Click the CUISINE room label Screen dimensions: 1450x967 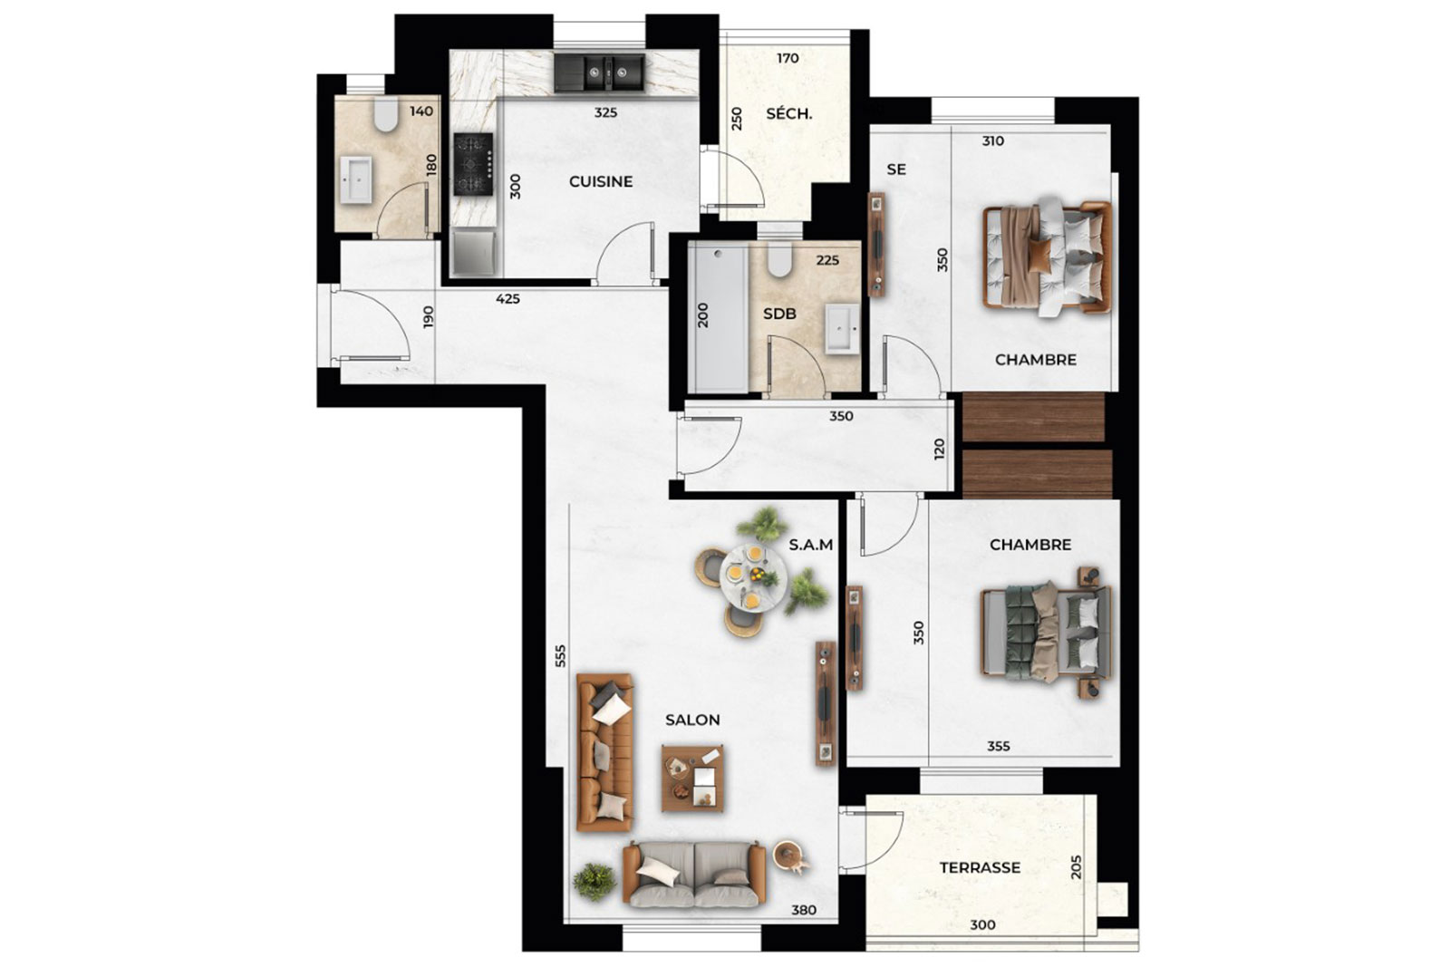pos(601,182)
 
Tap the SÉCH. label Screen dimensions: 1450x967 pos(788,114)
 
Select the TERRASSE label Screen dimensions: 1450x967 pos(980,867)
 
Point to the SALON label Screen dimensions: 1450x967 pos(692,720)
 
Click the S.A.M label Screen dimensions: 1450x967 pos(810,545)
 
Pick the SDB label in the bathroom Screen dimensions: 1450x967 pos(779,314)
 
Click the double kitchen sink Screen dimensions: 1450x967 pos(599,73)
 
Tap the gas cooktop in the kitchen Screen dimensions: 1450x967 pos(473,164)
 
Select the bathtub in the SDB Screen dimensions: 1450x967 pos(719,319)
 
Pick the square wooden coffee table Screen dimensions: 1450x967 pos(692,778)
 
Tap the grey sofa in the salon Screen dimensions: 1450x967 pos(694,874)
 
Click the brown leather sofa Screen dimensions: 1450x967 pos(604,752)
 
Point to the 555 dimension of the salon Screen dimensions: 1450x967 pos(561,655)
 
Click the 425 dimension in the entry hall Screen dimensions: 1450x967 pos(507,299)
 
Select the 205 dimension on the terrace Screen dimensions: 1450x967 pos(1077,867)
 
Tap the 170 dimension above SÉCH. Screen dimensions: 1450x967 pos(788,58)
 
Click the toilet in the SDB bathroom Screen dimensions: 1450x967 pos(780,261)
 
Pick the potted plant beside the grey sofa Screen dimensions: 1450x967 pos(594,881)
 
